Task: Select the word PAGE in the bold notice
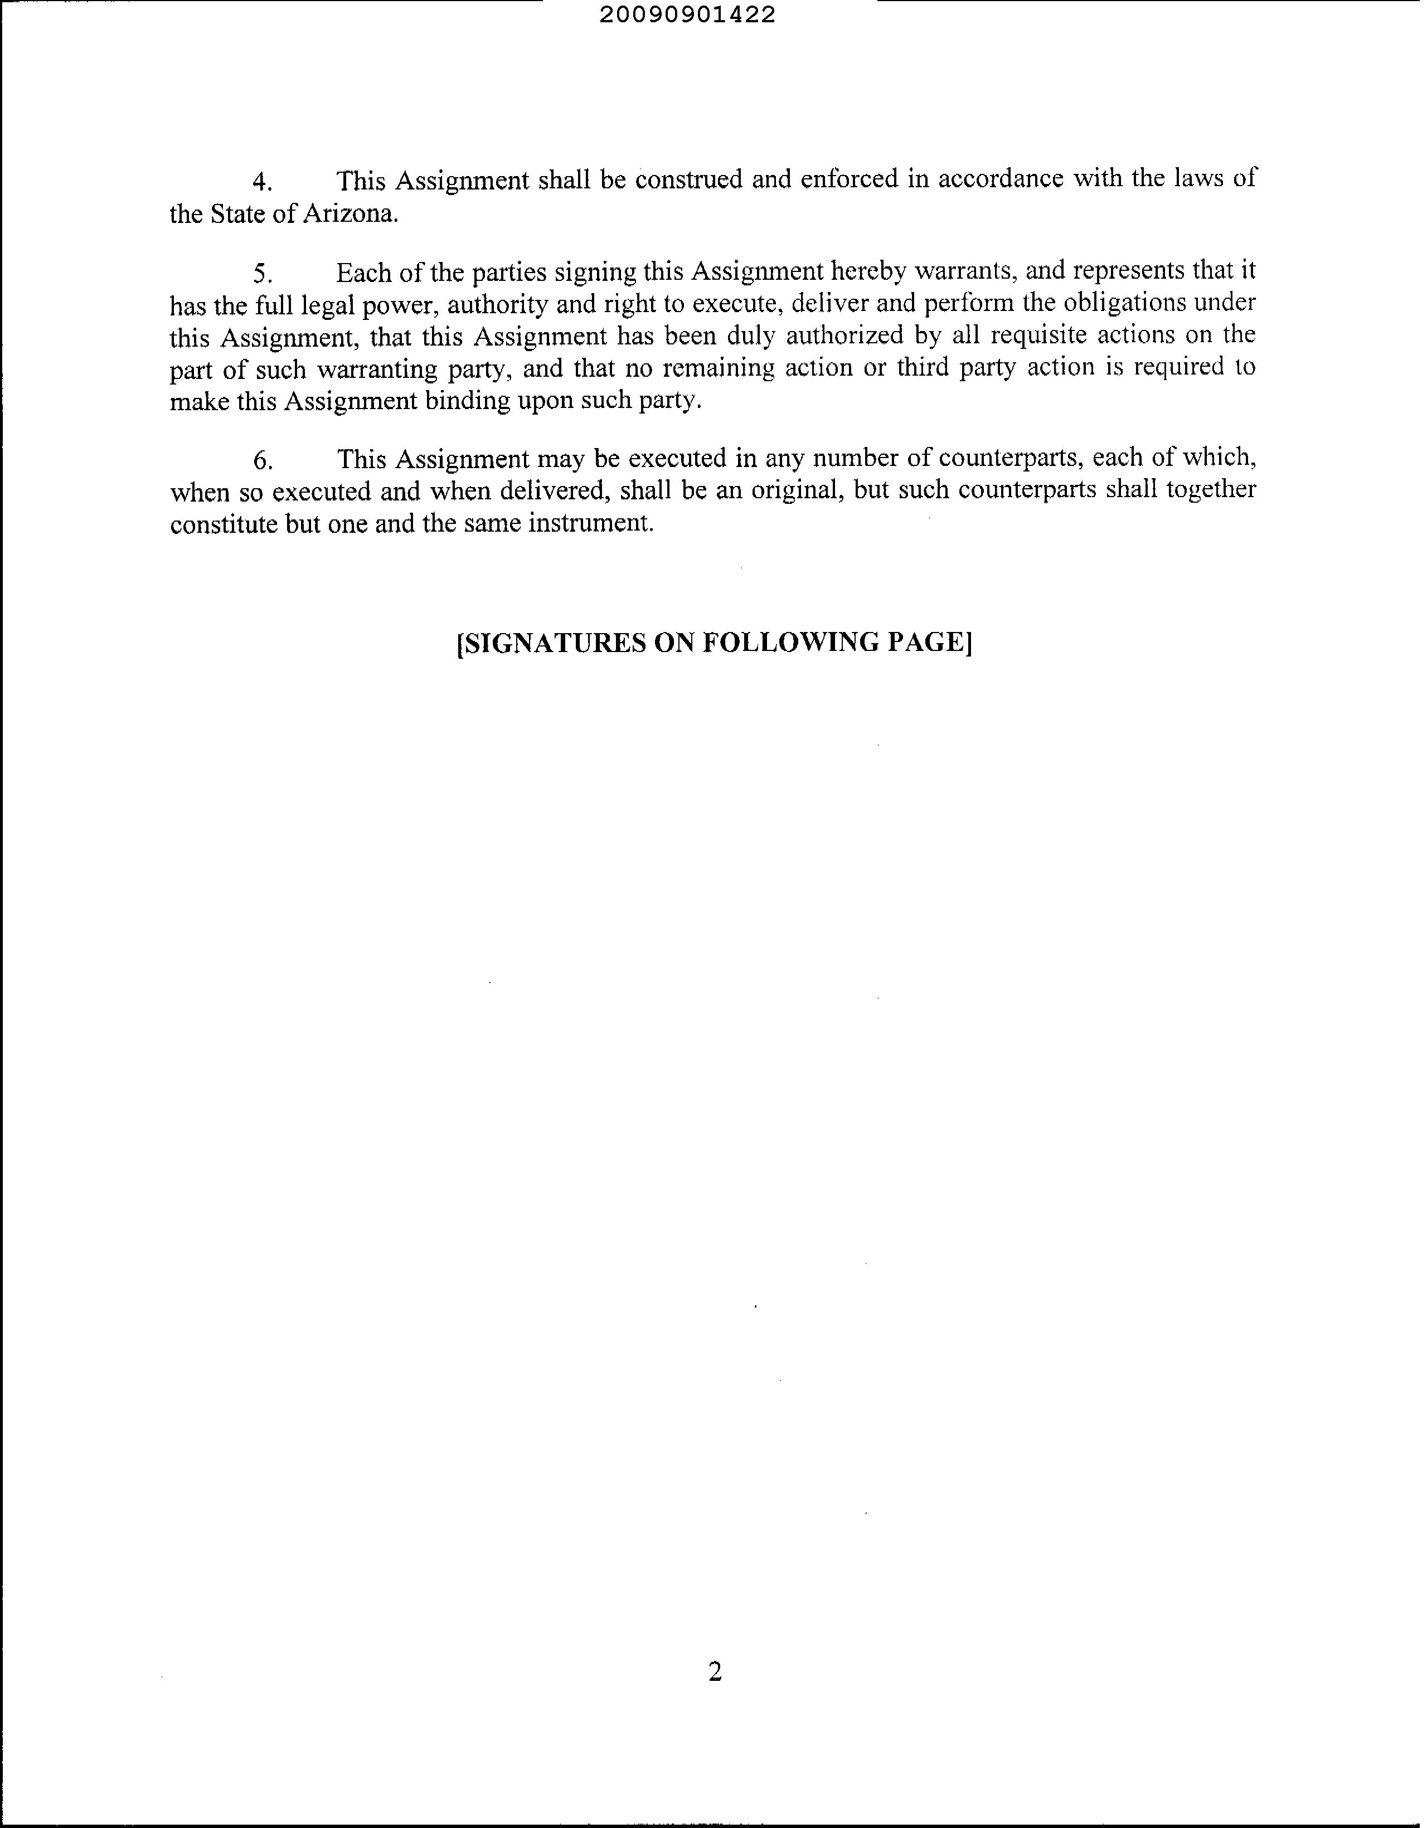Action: (x=928, y=643)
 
